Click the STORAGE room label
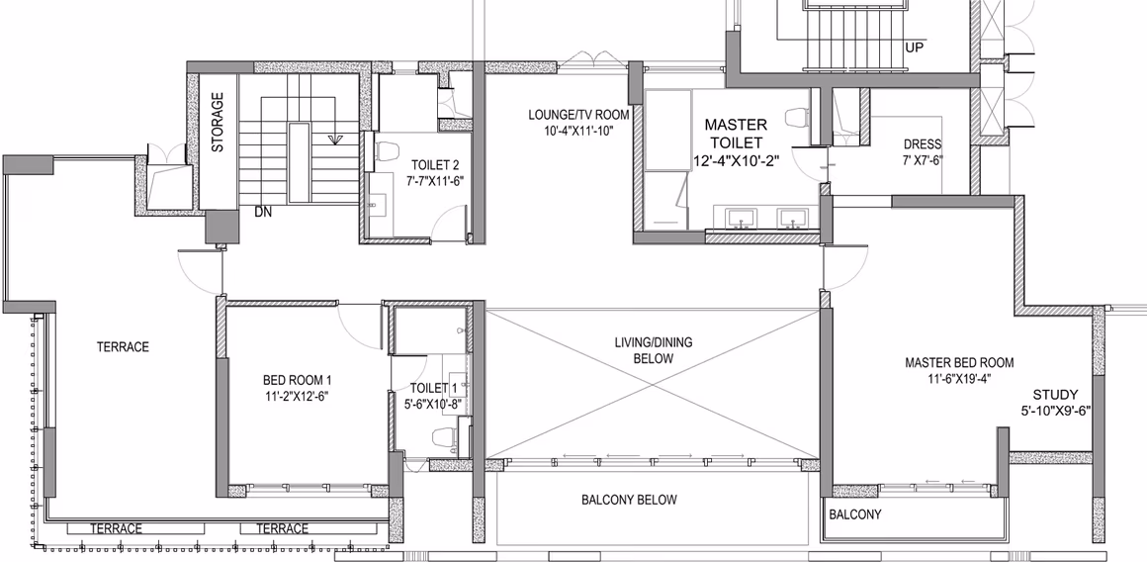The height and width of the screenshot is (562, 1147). [218, 122]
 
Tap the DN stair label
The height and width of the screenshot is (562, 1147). [263, 212]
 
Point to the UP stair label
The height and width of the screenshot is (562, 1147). [915, 47]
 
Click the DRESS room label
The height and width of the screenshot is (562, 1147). [923, 144]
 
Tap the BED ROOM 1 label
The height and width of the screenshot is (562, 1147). [297, 380]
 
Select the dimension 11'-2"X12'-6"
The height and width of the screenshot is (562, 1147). [297, 397]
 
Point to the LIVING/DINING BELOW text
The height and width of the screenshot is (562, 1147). [654, 350]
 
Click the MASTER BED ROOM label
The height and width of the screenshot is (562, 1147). [959, 362]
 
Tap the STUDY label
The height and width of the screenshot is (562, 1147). [1055, 395]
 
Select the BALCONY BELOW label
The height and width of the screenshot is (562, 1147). [629, 500]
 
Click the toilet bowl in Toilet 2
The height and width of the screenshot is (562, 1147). [384, 150]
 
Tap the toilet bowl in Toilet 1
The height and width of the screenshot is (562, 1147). [444, 437]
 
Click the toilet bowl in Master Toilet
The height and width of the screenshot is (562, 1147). [796, 117]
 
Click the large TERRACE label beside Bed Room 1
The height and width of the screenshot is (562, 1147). [123, 347]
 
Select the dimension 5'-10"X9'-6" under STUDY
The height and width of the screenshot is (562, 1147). [1056, 412]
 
